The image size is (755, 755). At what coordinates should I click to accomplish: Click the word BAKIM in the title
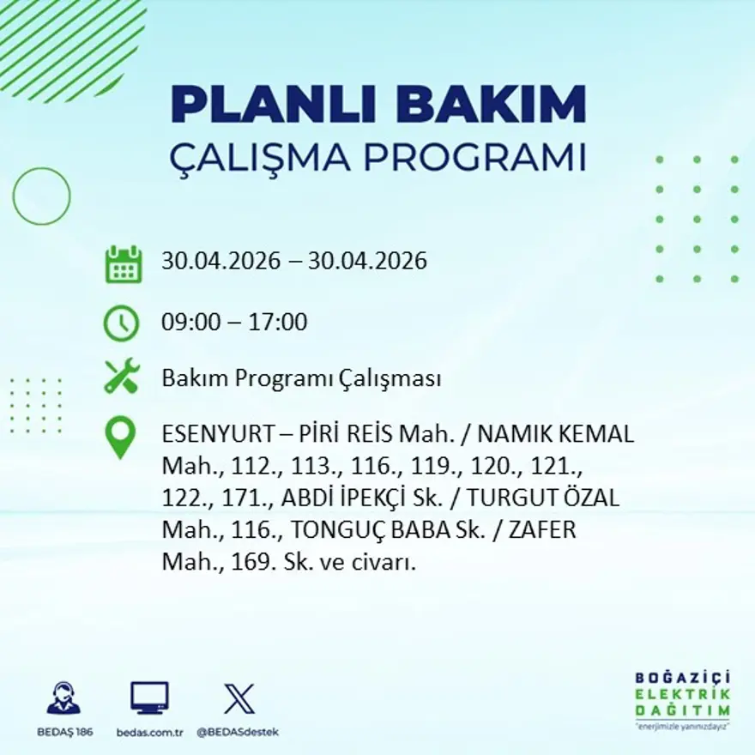point(490,104)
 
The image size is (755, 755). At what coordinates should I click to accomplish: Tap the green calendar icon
point(124,264)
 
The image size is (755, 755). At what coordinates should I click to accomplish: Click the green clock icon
point(121,323)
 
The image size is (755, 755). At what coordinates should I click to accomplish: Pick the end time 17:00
point(277,322)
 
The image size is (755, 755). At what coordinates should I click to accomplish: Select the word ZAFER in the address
point(542,529)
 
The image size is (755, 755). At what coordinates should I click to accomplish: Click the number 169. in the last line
point(254,561)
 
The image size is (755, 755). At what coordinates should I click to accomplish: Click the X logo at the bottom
point(239,698)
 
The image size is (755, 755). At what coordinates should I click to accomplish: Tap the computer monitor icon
point(150,698)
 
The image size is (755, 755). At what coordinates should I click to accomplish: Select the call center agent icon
point(64,698)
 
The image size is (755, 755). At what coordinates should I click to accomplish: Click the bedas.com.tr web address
point(150,733)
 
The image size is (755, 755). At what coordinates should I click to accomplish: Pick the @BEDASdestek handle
point(238,733)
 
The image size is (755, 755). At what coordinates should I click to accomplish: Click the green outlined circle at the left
point(14,196)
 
